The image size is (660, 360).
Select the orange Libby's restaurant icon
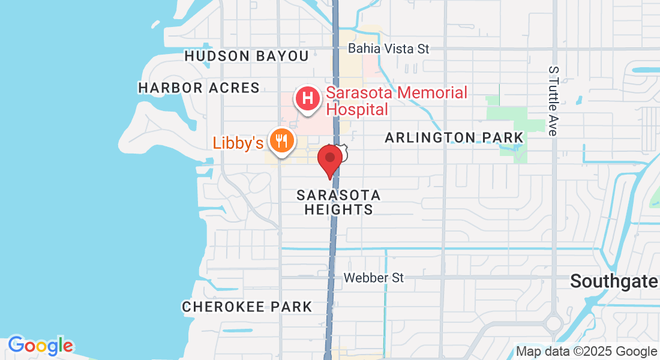tap(280, 142)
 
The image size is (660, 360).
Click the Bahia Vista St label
tap(388, 49)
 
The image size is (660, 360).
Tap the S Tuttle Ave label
tap(553, 100)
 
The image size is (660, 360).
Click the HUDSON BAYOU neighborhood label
tap(246, 56)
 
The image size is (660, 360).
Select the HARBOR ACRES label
tap(199, 88)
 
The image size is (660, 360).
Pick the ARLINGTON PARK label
tap(454, 137)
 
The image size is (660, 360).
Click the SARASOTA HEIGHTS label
tap(338, 202)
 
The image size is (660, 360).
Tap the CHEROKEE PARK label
tap(247, 307)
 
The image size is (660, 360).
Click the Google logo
tap(40, 346)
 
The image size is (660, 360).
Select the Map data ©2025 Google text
tap(586, 352)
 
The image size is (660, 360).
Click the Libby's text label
tap(238, 143)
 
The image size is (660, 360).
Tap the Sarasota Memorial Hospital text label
tap(396, 101)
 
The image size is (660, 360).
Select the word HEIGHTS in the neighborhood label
tap(338, 209)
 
